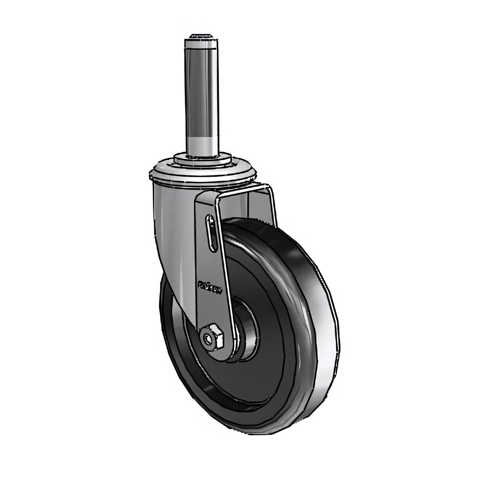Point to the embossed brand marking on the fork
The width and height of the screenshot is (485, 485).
pyautogui.click(x=209, y=284)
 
